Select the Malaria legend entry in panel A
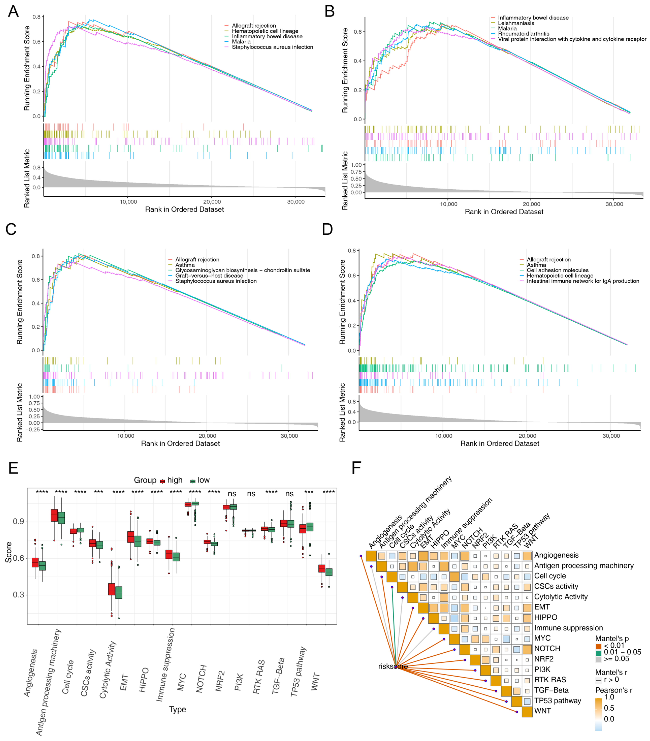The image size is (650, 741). (x=241, y=42)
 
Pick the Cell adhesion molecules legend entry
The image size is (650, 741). (x=558, y=270)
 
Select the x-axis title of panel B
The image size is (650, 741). (x=504, y=212)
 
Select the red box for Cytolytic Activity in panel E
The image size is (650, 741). (x=112, y=589)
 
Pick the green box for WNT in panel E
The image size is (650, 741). (x=329, y=572)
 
